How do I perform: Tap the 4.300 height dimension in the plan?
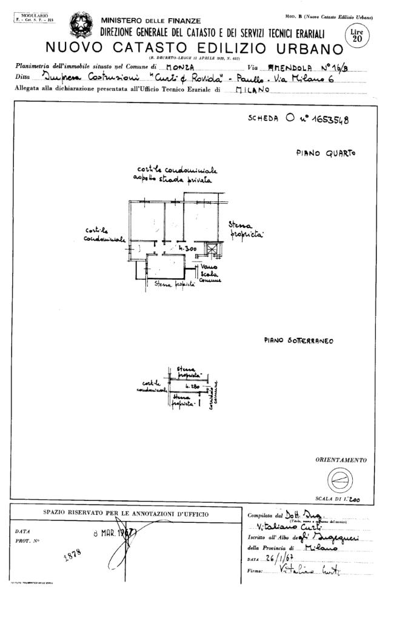coord(185,249)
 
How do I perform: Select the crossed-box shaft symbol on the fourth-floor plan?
coord(212,249)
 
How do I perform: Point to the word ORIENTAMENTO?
coord(341,460)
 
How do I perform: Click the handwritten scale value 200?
coord(354,501)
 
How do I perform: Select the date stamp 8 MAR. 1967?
coord(115,534)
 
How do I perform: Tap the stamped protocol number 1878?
coord(72,556)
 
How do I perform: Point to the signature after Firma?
coord(309,571)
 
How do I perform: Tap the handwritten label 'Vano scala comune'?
coord(210,274)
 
